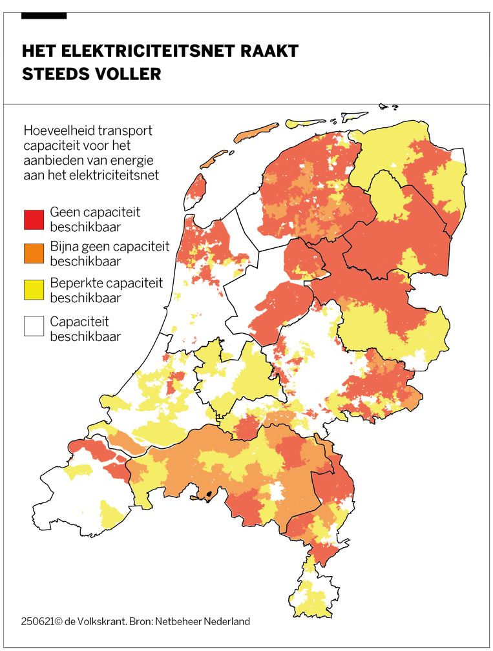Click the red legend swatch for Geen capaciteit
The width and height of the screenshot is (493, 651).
(x=34, y=220)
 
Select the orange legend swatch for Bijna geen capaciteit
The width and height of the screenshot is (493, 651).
(x=34, y=254)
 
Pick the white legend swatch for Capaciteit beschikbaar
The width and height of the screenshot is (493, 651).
(x=34, y=326)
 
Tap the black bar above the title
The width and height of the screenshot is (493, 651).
(x=44, y=15)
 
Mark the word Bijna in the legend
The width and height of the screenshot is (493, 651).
(x=65, y=247)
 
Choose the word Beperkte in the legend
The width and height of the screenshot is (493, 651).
(x=74, y=283)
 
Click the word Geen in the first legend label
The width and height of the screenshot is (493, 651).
(x=64, y=212)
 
